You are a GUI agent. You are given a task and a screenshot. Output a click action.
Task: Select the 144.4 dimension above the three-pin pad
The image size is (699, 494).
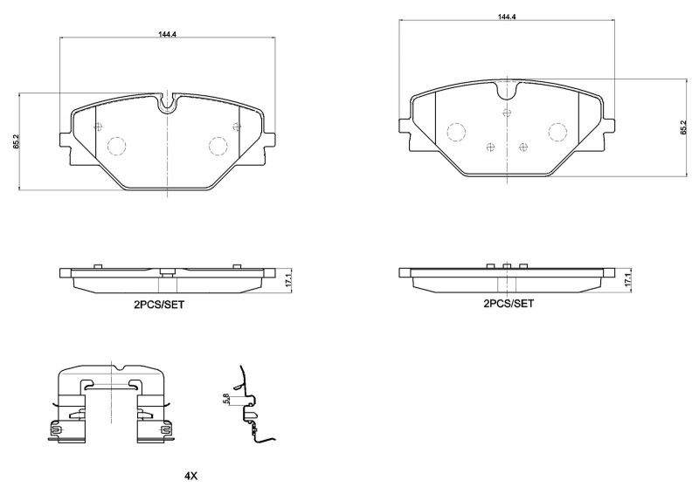click(508, 17)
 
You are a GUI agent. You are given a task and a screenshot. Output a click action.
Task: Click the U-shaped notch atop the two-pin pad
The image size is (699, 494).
click(167, 104)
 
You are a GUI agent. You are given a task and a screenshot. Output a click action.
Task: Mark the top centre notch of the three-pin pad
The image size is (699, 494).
click(508, 88)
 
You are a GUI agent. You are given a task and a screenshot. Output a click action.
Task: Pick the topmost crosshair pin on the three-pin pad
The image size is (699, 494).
click(508, 112)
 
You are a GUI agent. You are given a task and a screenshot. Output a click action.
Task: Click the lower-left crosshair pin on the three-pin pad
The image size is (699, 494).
click(490, 146)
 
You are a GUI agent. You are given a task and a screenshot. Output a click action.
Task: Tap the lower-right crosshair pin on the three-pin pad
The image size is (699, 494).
click(523, 146)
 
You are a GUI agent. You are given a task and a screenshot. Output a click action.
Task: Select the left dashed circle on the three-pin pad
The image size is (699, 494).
click(456, 131)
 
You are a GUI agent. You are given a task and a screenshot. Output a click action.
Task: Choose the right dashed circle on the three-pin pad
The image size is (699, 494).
click(557, 131)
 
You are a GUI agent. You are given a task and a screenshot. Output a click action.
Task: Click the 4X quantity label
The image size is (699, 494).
click(191, 477)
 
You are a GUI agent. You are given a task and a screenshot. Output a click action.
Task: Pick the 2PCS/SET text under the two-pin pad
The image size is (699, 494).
click(158, 305)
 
